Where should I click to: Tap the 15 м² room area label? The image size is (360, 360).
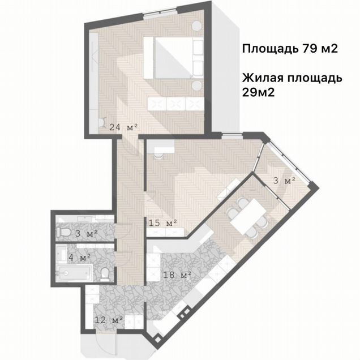[163, 222]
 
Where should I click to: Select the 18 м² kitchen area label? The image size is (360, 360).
[177, 275]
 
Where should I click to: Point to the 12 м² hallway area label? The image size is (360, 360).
[108, 320]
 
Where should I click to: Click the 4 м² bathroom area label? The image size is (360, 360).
[79, 257]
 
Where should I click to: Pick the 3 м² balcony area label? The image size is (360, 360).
[284, 181]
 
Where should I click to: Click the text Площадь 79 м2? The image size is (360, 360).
[290, 49]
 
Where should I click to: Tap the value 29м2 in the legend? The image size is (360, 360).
[258, 92]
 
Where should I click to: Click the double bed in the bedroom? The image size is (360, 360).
[174, 58]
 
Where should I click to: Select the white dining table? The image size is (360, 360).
[248, 216]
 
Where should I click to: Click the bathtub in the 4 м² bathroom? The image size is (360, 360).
[74, 273]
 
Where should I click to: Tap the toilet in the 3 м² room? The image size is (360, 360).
[64, 232]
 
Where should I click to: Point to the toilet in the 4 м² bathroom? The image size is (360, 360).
[105, 274]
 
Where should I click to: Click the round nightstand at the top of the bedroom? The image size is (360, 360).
[197, 25]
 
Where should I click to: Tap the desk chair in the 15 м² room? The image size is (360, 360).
[158, 156]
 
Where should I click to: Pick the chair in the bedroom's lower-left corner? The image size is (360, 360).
[102, 122]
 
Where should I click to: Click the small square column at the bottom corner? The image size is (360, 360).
[157, 339]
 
